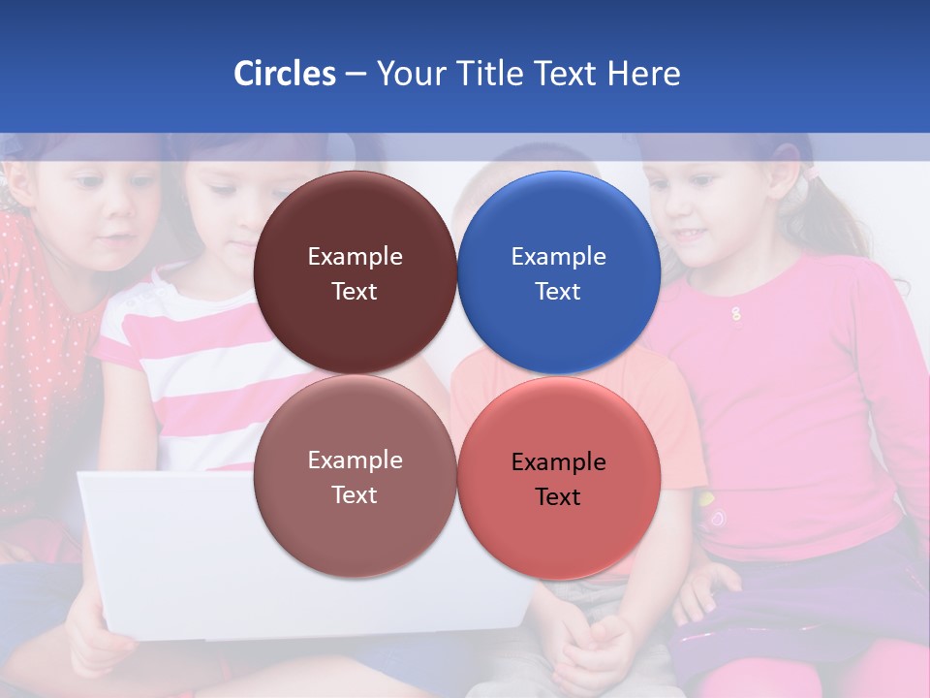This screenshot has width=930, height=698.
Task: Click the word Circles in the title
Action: click(x=284, y=74)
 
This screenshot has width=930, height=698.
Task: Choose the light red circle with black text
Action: click(x=559, y=478)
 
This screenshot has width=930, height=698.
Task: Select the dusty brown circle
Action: click(x=355, y=478)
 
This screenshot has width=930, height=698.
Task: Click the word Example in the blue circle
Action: click(x=558, y=257)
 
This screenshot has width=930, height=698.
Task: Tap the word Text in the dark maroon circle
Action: click(x=355, y=292)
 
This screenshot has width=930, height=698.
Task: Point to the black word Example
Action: click(x=558, y=462)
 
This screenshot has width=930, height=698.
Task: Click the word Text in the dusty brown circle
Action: click(x=355, y=495)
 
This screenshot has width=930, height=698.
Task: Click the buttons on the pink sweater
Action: click(x=736, y=313)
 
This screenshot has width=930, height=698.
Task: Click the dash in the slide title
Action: click(x=356, y=74)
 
